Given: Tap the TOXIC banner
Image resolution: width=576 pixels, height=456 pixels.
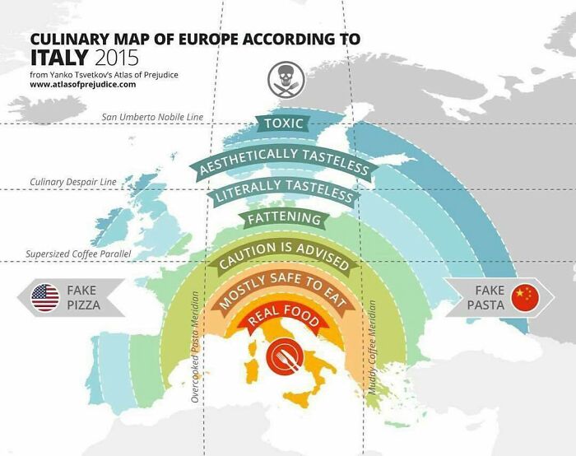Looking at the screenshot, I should (283, 124).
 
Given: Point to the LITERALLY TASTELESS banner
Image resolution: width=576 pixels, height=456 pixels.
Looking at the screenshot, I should (283, 191).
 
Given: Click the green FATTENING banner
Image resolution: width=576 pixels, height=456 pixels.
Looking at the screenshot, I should (284, 219).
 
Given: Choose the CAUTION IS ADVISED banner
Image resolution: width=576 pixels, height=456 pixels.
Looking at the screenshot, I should (284, 256).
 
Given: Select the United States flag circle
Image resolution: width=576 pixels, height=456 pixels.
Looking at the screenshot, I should (44, 297).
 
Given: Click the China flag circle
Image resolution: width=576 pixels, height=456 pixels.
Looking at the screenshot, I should (523, 297).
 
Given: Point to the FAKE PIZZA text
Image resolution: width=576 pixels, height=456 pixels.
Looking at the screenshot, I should (82, 297).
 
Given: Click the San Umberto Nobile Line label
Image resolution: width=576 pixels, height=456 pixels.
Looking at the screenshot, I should (153, 118).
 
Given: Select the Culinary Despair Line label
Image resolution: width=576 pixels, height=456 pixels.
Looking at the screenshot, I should (72, 182).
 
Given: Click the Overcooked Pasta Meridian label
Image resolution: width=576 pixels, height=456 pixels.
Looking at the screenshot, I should (195, 346).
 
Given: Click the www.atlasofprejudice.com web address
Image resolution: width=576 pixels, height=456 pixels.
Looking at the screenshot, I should (83, 85).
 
